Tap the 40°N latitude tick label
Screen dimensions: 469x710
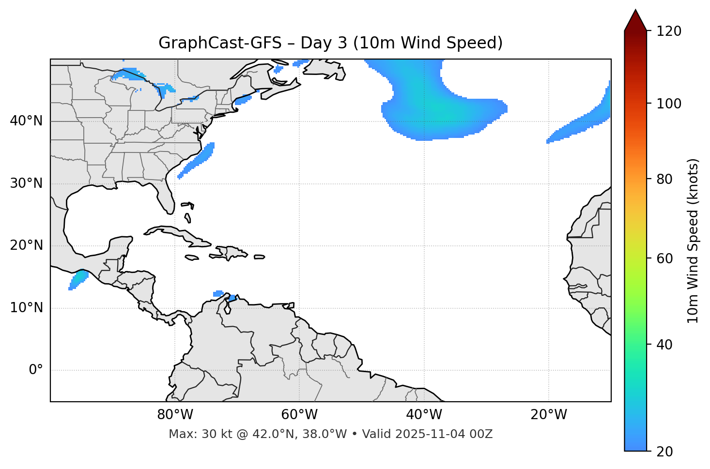click(x=26, y=121)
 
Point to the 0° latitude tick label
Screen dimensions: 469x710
click(x=36, y=370)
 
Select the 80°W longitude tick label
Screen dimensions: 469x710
click(x=175, y=415)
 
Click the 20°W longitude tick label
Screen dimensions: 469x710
click(x=549, y=415)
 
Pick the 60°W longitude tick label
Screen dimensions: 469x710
click(x=299, y=415)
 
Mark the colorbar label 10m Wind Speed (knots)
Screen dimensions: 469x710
click(x=693, y=241)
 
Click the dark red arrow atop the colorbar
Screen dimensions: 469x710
click(x=635, y=20)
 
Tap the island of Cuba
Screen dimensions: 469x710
click(x=174, y=233)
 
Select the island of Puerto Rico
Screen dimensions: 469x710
click(x=260, y=257)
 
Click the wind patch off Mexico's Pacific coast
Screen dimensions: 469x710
click(x=78, y=280)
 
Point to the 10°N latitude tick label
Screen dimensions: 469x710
click(x=26, y=308)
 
